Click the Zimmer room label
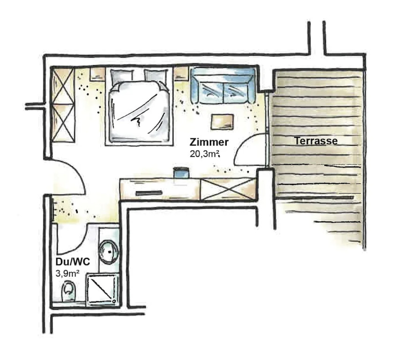tap(209, 142)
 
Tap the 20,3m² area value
tap(205, 154)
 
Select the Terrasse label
tap(316, 141)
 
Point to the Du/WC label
tap(73, 262)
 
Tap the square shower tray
tap(103, 290)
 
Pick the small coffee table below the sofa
tap(222, 122)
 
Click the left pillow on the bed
tap(122, 76)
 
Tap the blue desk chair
tap(181, 172)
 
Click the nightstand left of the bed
tap(98, 74)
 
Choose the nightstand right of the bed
tap(181, 74)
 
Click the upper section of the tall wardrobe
tap(63, 86)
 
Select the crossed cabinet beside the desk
tap(228, 189)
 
